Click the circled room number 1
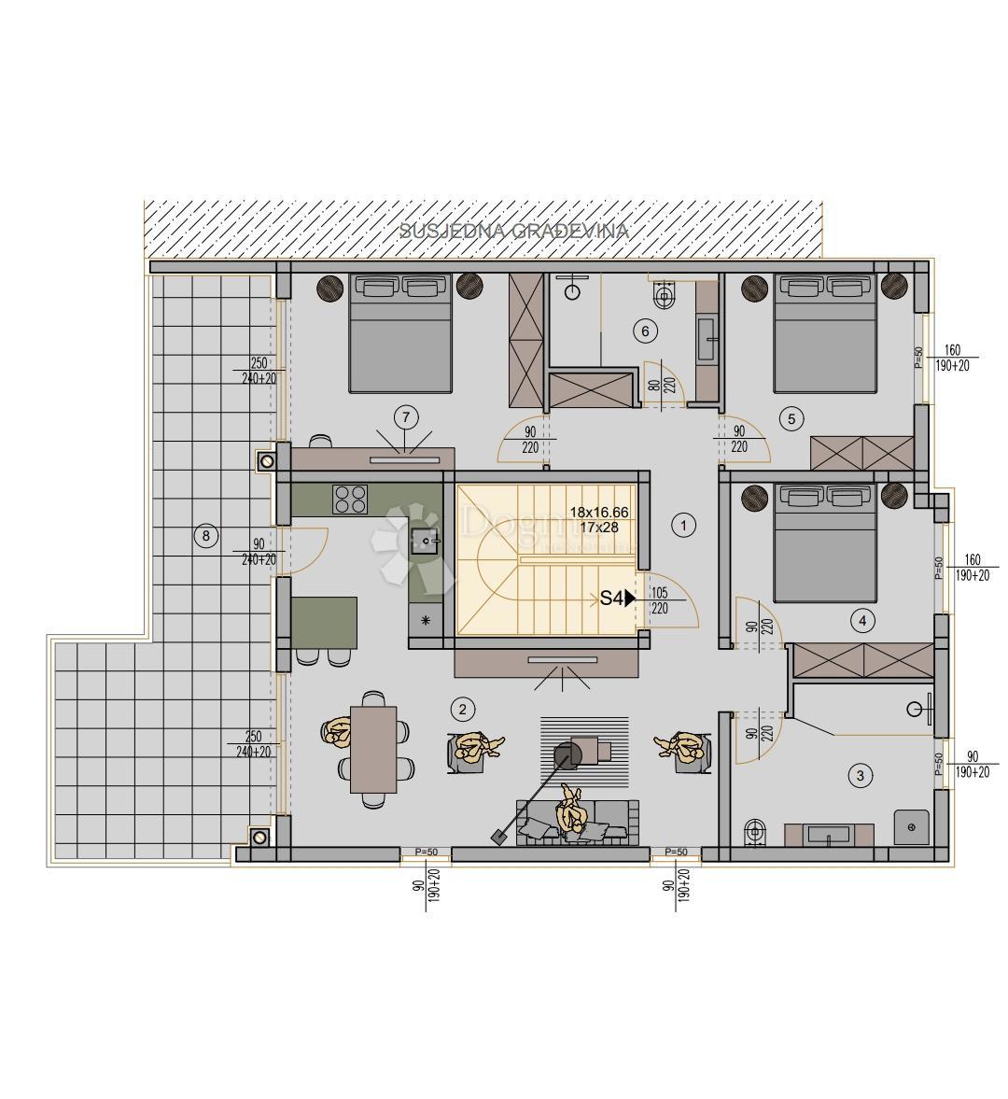(684, 526)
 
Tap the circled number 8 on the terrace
(205, 536)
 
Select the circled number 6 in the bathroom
(644, 330)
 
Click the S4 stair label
(612, 599)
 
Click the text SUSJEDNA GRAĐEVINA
(514, 231)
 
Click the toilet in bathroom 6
(665, 296)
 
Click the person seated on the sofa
(571, 814)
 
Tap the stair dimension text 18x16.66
(598, 513)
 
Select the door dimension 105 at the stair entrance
(660, 593)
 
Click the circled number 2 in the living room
(462, 709)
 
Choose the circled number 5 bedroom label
(791, 418)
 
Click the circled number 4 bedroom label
(861, 620)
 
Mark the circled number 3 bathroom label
(860, 774)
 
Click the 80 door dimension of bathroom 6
(653, 383)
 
